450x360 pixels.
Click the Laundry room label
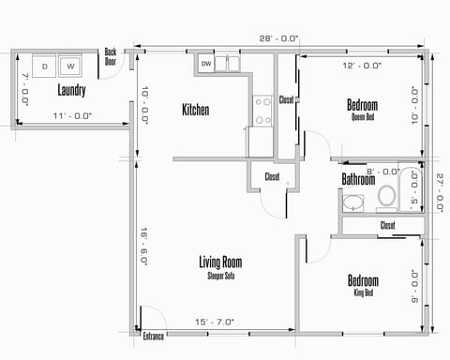tap(71, 91)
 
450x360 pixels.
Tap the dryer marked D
tap(44, 67)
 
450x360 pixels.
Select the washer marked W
tap(70, 67)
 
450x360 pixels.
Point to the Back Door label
tap(111, 55)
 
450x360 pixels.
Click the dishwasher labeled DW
tap(206, 64)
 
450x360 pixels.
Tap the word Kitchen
tap(195, 110)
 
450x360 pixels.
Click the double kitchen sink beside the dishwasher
tap(230, 64)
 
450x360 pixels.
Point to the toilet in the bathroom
tap(386, 197)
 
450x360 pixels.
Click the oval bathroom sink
tap(353, 202)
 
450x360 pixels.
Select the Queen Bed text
tap(363, 117)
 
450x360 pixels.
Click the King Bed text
tap(364, 292)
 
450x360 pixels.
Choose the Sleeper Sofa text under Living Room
tap(221, 276)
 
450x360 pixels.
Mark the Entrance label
tap(154, 335)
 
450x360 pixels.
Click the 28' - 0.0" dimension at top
tap(280, 38)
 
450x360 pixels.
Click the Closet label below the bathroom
tap(387, 225)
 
